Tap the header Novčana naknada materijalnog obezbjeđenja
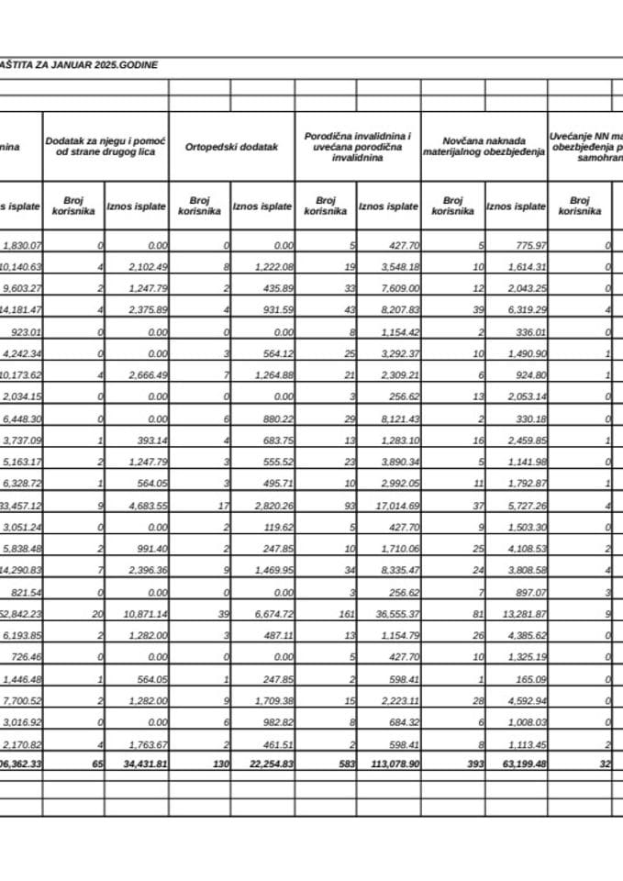pyautogui.click(x=484, y=146)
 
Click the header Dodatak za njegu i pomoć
pyautogui.click(x=106, y=146)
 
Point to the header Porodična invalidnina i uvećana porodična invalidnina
pyautogui.click(x=357, y=146)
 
